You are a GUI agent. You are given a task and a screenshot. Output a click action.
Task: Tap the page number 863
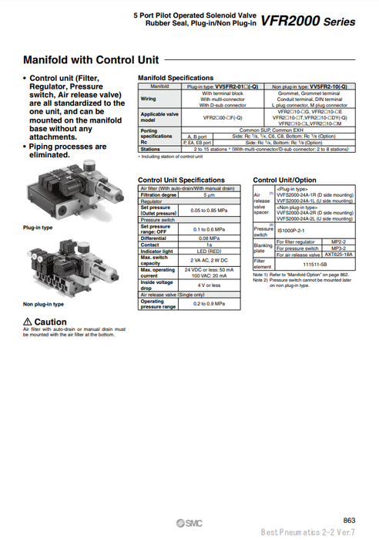(350, 519)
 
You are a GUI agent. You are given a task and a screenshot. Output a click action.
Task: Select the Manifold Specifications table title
(175, 78)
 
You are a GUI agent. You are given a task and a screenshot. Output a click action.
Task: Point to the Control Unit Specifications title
(179, 180)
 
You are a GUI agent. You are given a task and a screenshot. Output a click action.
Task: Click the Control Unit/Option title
(284, 180)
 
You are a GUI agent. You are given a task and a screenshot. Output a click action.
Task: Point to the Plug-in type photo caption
(38, 228)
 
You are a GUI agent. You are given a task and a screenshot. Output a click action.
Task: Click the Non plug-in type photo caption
(43, 303)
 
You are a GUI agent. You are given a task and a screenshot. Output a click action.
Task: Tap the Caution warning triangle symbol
(29, 322)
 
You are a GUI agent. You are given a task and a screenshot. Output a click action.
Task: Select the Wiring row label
(148, 99)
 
